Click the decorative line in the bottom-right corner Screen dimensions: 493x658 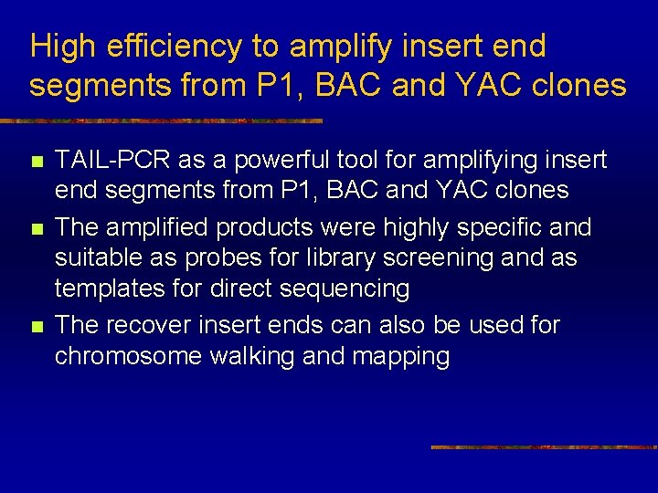pyautogui.click(x=543, y=447)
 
